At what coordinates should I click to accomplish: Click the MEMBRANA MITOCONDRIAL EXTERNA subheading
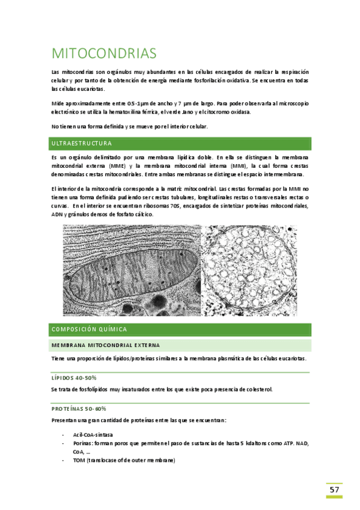pos(105,345)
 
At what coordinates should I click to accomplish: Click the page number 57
pos(335,490)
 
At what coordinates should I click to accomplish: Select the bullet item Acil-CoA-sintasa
pos(93,434)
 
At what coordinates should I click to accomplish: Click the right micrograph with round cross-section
pos(249,270)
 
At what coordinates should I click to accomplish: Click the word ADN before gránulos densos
pos(57,214)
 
